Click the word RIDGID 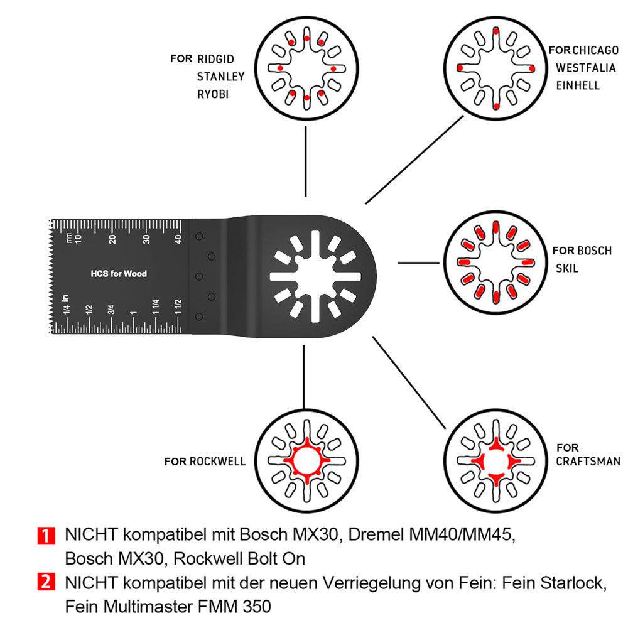215,60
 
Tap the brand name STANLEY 220,77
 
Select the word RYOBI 213,94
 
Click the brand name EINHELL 578,85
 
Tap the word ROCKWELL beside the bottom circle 217,462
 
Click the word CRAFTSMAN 588,462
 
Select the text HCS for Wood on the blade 119,274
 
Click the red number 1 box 45,536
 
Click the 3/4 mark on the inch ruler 111,309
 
